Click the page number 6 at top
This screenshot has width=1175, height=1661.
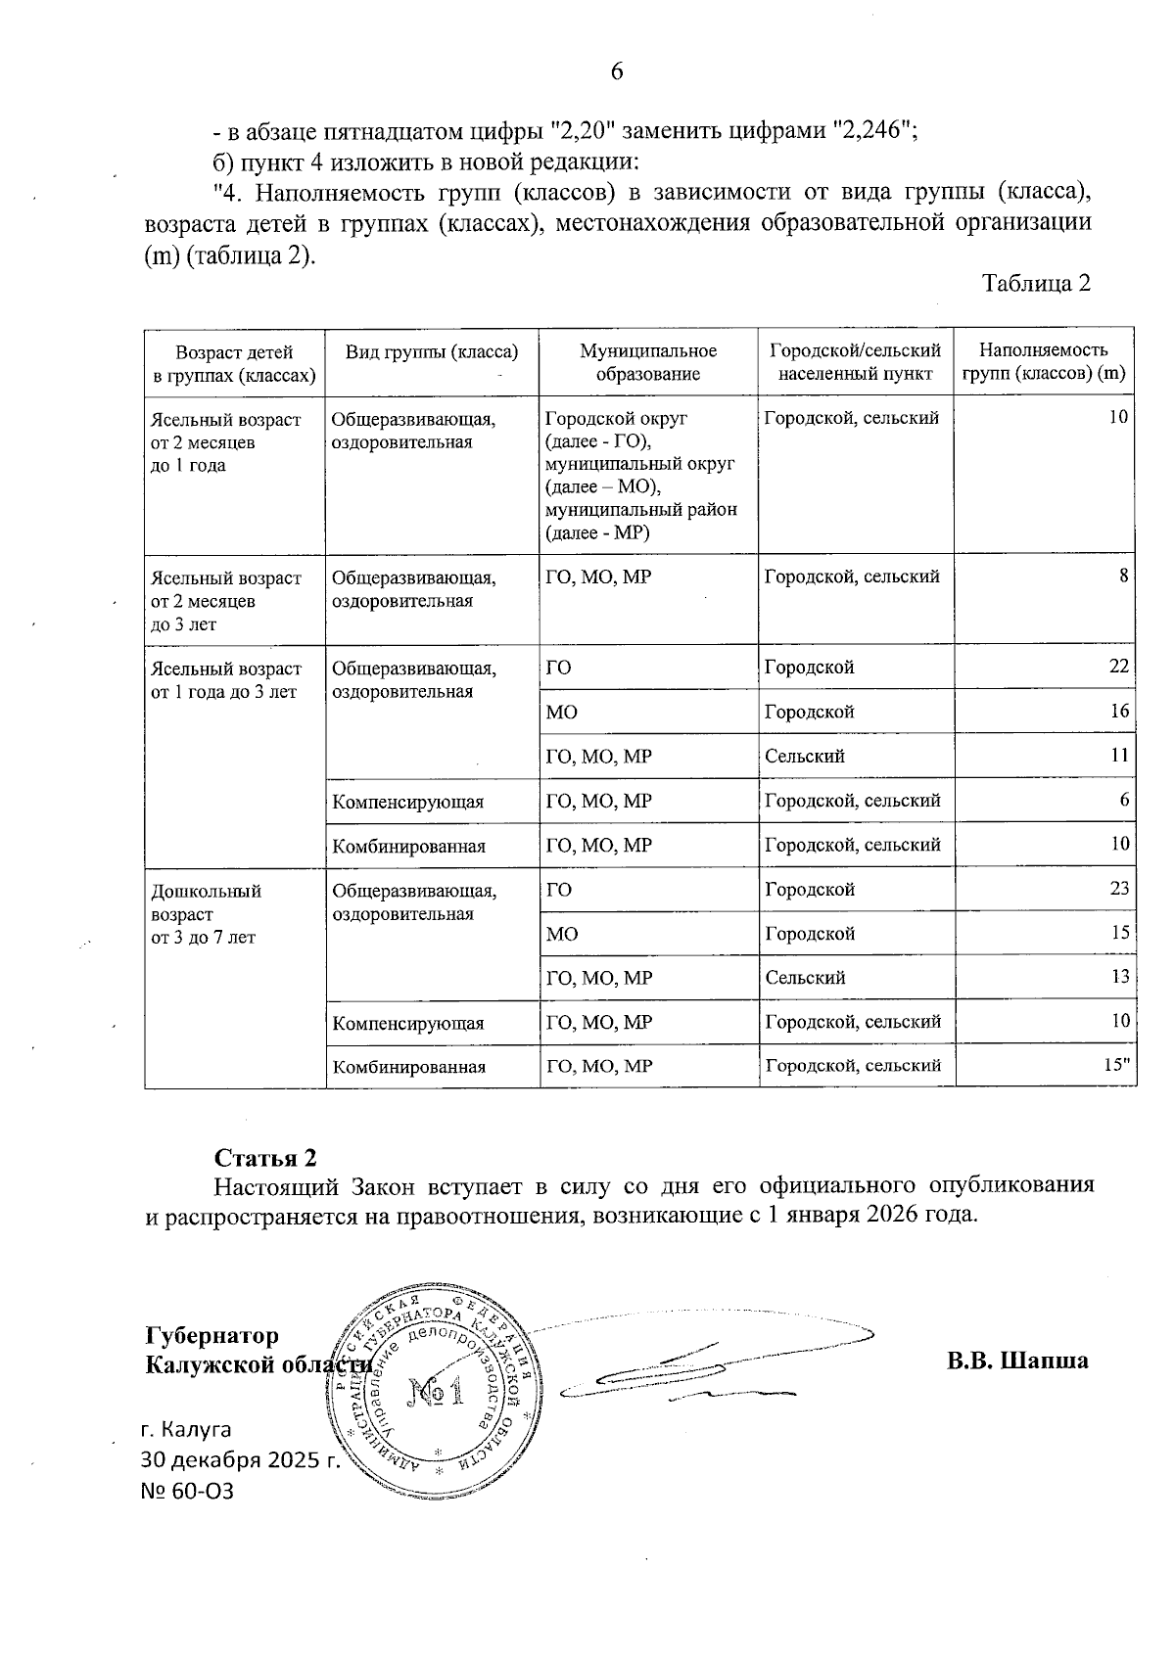[617, 71]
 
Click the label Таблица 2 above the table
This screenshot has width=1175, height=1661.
[1036, 284]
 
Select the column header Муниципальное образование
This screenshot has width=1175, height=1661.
[647, 362]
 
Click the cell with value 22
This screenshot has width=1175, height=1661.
[1119, 667]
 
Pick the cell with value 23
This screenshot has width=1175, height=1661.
[1119, 889]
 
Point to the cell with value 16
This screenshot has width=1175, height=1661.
[1119, 712]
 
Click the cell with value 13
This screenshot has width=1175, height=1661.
[1119, 977]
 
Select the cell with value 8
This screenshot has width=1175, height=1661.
[1124, 577]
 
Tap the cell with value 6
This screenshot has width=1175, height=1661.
[1124, 801]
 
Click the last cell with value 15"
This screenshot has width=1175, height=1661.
[1116, 1065]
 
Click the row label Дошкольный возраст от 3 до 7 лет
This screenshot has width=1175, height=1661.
[205, 914]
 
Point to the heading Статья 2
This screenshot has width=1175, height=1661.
[266, 1158]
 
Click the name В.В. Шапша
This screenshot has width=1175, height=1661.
[1016, 1361]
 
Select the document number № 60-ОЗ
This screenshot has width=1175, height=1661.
[188, 1491]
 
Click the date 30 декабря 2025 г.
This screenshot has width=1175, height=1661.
[240, 1459]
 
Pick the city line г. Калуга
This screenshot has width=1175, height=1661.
[187, 1428]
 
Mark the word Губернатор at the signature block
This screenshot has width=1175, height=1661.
[211, 1336]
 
